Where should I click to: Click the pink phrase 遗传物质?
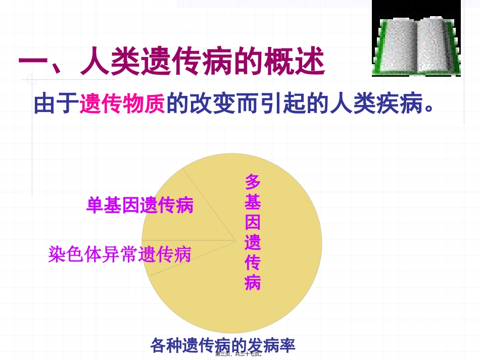click(122, 104)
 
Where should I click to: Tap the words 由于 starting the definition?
click(56, 104)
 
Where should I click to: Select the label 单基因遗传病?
click(140, 205)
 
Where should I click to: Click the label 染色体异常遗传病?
click(120, 254)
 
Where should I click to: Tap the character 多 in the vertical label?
click(253, 182)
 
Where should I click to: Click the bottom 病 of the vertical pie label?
click(253, 283)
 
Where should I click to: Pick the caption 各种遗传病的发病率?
click(222, 345)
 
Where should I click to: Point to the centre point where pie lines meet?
click(236, 241)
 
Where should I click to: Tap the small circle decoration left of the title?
click(32, 79)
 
